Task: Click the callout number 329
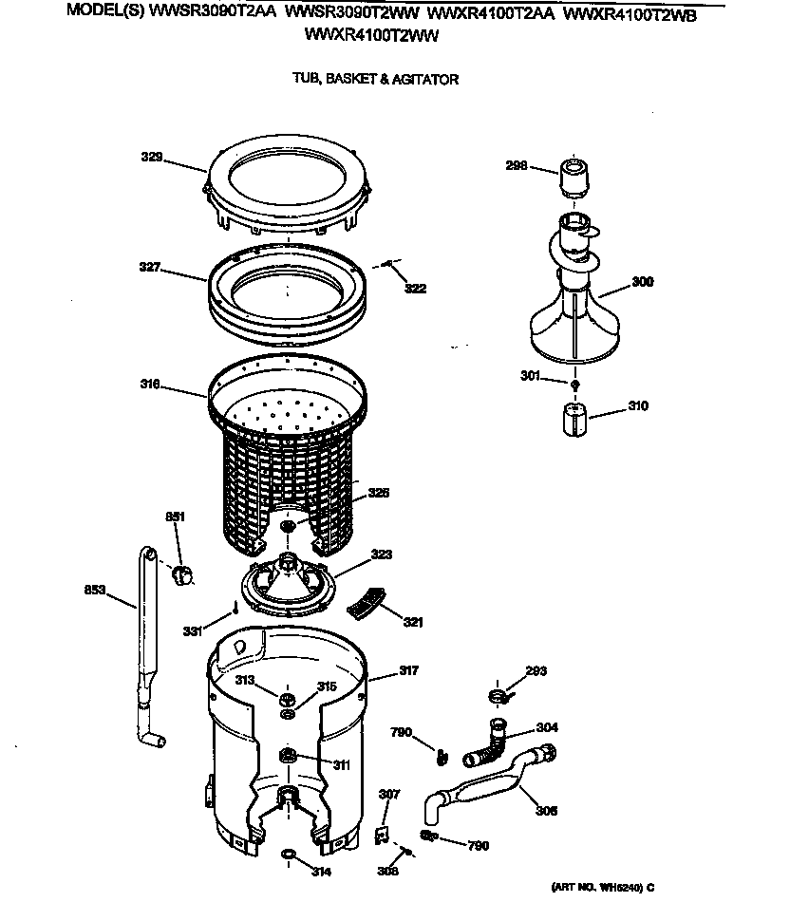[x=152, y=157]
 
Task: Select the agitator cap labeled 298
[x=576, y=178]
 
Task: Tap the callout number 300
[x=643, y=282]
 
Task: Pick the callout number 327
[x=151, y=269]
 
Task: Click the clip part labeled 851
[x=181, y=573]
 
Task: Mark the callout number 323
[x=382, y=554]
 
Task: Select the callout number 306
[x=546, y=811]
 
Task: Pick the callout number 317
[x=407, y=671]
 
